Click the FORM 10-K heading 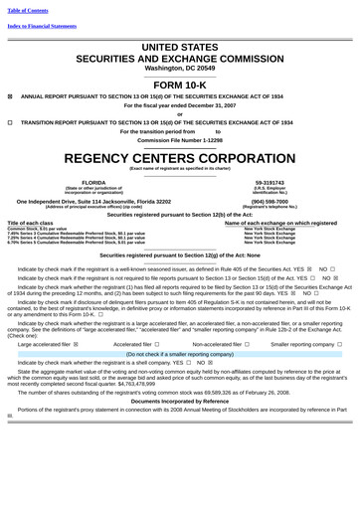click(x=180, y=86)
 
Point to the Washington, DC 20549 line click(x=180, y=68)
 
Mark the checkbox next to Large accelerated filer click(x=77, y=343)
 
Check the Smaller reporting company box click(x=340, y=343)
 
